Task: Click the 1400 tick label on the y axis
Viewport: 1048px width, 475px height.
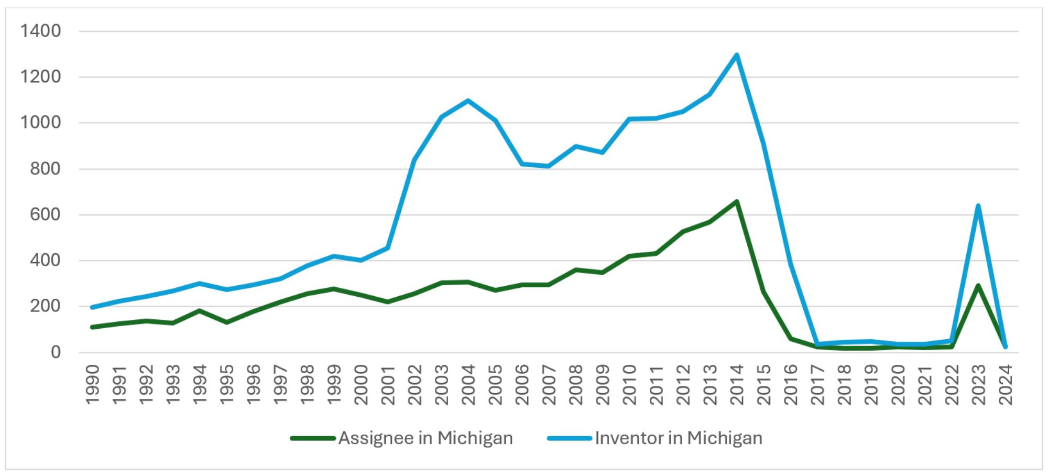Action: pyautogui.click(x=40, y=31)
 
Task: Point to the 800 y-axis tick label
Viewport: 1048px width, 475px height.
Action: pyautogui.click(x=45, y=169)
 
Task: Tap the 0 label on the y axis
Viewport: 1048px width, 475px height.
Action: pyautogui.click(x=56, y=352)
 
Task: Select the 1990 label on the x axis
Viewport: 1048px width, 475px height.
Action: pyautogui.click(x=93, y=385)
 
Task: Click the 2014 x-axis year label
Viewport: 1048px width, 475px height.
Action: pyautogui.click(x=737, y=385)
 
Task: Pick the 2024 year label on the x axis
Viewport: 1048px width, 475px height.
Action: pyautogui.click(x=1006, y=385)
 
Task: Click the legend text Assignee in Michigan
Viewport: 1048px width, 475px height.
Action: pyautogui.click(x=425, y=438)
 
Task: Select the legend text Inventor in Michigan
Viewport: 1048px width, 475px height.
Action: pyautogui.click(x=679, y=438)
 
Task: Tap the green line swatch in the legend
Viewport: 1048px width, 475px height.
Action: pyautogui.click(x=313, y=438)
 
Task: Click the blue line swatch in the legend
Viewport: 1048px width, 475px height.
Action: pyautogui.click(x=570, y=438)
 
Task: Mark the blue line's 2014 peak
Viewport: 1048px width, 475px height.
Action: pyautogui.click(x=737, y=55)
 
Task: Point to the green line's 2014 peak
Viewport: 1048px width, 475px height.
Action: pyautogui.click(x=737, y=201)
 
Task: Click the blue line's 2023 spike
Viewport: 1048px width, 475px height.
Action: pyautogui.click(x=978, y=206)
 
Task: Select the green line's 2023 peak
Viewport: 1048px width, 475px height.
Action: pyautogui.click(x=978, y=286)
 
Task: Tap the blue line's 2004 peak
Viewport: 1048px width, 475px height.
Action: pyautogui.click(x=468, y=100)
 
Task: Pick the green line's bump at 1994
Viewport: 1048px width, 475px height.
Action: pyautogui.click(x=200, y=311)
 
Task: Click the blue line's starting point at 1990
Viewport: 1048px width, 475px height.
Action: pyautogui.click(x=93, y=307)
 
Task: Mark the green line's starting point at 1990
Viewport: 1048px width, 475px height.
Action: pyautogui.click(x=93, y=327)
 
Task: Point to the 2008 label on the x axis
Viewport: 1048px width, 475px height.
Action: pyautogui.click(x=576, y=385)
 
